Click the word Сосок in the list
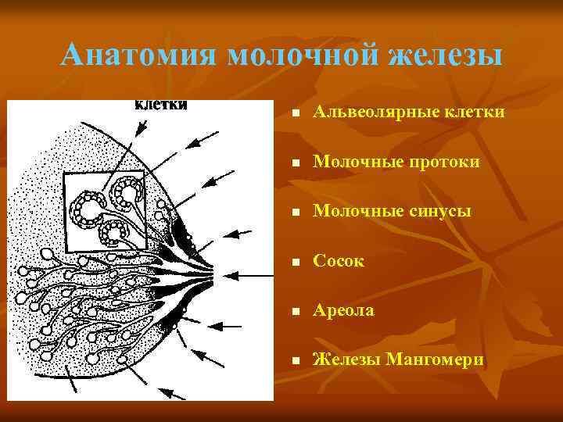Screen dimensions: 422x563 (x=338, y=261)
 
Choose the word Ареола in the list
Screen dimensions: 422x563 (x=343, y=310)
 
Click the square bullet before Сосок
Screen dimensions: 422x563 (x=293, y=263)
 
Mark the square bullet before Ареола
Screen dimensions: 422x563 (x=293, y=312)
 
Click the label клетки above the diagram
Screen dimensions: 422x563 (x=162, y=105)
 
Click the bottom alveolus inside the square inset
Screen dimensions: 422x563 (x=116, y=232)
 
